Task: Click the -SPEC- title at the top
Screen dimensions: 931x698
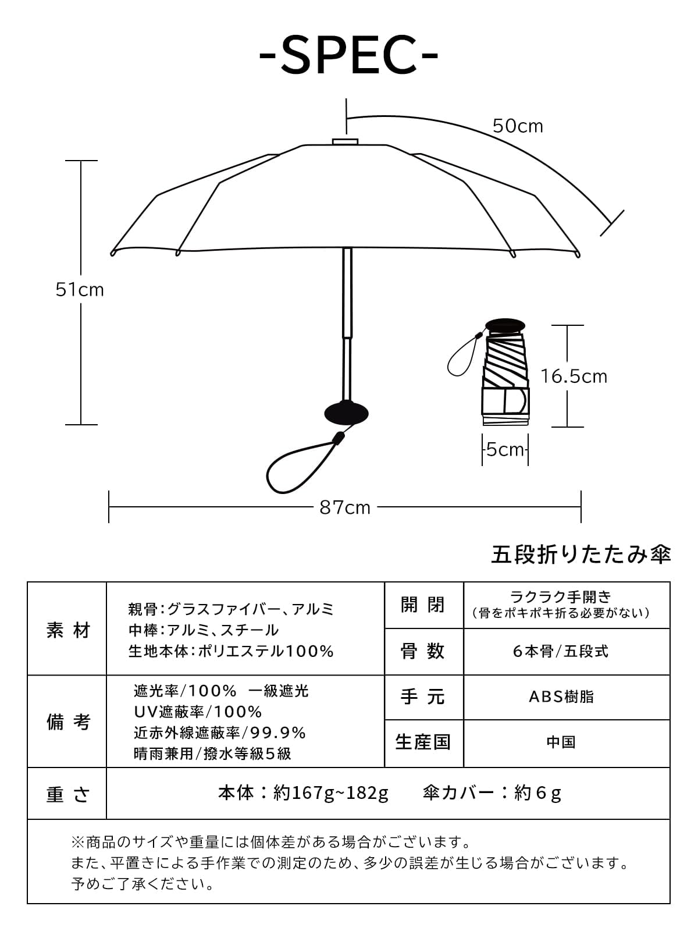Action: [x=348, y=55]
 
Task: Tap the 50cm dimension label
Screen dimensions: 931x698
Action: [x=518, y=126]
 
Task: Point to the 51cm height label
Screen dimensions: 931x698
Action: [x=80, y=289]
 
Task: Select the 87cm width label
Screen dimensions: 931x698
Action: [x=345, y=507]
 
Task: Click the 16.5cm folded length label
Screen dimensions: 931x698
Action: [x=574, y=376]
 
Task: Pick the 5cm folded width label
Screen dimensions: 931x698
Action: [x=505, y=450]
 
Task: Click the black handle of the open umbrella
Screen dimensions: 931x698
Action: [x=346, y=413]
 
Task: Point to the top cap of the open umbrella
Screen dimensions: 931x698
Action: [x=345, y=141]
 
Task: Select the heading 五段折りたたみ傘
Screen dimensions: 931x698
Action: [x=581, y=555]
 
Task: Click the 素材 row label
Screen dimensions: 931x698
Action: [x=67, y=630]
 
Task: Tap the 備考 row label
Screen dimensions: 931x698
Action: [x=67, y=722]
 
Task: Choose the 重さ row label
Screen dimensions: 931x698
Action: [x=67, y=794]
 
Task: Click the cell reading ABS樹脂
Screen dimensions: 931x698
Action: [x=561, y=697]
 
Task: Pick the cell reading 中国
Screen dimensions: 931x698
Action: [x=561, y=742]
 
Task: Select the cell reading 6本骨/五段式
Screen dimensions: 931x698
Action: [x=561, y=651]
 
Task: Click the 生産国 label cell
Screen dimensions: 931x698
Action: [x=423, y=742]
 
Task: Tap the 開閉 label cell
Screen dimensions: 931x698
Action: [x=423, y=605]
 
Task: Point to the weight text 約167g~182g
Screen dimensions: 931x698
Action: [x=330, y=793]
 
